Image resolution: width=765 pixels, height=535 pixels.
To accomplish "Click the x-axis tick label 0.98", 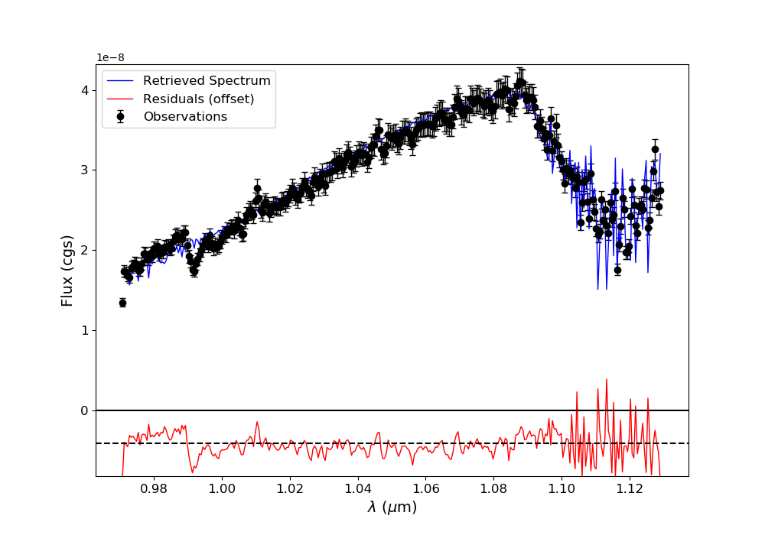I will click(x=153, y=488).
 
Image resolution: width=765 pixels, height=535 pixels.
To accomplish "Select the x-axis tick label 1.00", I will click(x=221, y=488).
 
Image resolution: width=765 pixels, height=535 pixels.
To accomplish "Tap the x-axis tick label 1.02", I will click(x=289, y=488).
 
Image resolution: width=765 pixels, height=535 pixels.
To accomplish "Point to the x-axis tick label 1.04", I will click(x=357, y=488).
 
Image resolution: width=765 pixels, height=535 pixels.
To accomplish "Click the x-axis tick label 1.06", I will click(x=425, y=488).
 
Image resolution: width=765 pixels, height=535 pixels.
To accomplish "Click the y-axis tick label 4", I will click(x=85, y=90).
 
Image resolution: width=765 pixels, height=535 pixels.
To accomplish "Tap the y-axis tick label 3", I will click(x=85, y=170).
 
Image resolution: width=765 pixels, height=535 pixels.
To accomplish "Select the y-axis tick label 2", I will click(x=85, y=251).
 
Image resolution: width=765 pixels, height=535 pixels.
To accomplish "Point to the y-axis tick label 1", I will click(x=85, y=331).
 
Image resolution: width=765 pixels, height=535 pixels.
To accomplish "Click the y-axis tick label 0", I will click(x=85, y=411).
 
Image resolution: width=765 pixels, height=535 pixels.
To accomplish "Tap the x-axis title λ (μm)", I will click(x=392, y=507).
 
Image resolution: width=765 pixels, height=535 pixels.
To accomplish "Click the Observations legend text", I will click(x=185, y=117).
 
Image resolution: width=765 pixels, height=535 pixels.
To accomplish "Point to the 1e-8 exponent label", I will click(x=110, y=58).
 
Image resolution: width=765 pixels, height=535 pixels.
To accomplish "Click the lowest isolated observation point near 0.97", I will click(x=122, y=303).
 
